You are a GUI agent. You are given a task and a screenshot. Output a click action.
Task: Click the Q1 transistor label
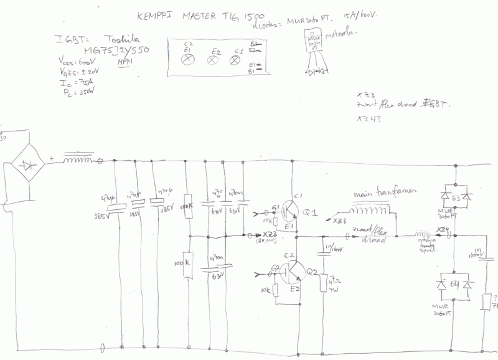point(310,214)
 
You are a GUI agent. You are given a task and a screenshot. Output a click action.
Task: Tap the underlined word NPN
point(125,63)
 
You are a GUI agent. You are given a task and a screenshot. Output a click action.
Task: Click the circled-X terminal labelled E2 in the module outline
point(214,60)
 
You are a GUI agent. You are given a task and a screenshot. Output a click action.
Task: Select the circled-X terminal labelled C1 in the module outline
point(235,60)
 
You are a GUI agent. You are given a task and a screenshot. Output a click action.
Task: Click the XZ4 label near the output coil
point(443,230)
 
